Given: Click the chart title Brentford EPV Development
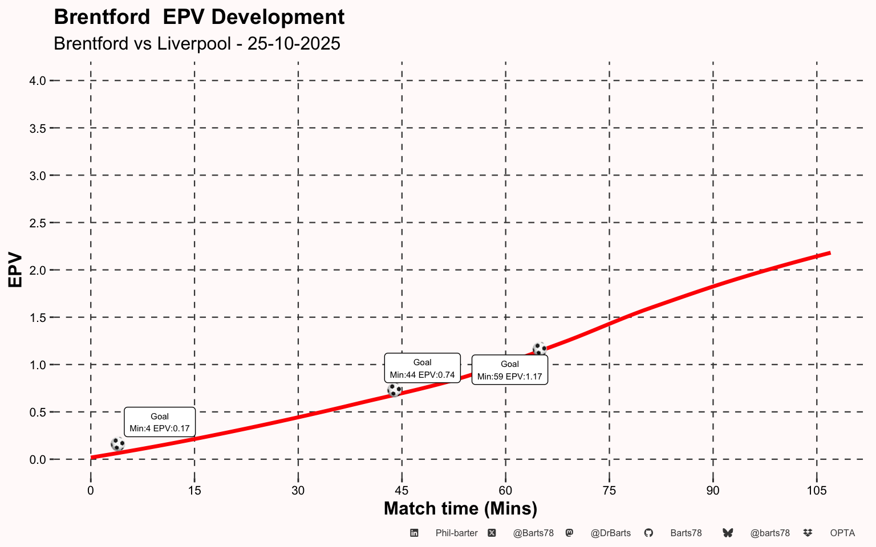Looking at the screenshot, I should coord(199,17).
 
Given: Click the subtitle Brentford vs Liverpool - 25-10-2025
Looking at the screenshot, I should coord(197,43).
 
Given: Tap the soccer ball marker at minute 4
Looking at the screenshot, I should coord(117,444).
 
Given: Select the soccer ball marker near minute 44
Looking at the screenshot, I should coord(394,390).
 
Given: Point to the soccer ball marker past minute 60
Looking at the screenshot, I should coord(540,348).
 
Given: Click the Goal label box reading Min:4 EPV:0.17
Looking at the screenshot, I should coord(160,422).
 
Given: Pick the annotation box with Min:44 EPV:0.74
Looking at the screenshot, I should coord(422,368).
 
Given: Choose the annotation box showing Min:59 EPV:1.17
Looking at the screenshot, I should coord(510,370).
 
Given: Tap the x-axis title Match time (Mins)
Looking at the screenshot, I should coord(460,508).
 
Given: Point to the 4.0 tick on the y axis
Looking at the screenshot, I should coord(37,81).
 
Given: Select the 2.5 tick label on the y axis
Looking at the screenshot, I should coord(37,223).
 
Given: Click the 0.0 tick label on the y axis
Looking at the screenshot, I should coord(37,459).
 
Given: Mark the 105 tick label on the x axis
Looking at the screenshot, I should coord(817,491).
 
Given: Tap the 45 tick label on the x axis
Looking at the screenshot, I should coord(401,491).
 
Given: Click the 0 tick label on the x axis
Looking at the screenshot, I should coord(91,491).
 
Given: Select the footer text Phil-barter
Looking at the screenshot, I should coord(456,533).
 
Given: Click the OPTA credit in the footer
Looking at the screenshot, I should coord(842,533).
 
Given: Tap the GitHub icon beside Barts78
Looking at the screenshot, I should coord(648,533).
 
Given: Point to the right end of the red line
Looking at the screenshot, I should coord(829,252).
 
